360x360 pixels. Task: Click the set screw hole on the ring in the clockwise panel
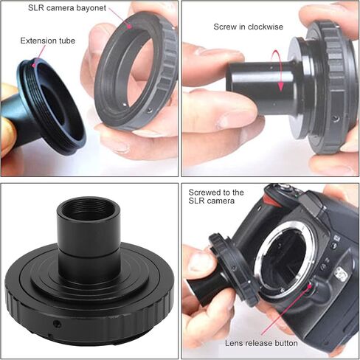tap(336, 118)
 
